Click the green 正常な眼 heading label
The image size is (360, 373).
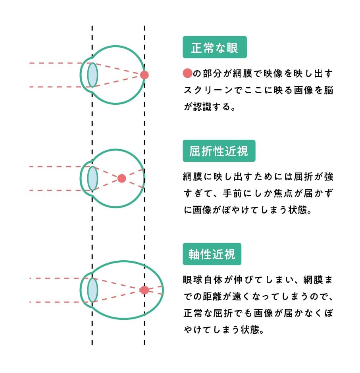(x=215, y=48)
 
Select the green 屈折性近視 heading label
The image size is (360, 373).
(x=219, y=151)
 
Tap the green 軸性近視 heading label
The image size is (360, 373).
(x=212, y=254)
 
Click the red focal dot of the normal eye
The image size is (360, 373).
(x=144, y=75)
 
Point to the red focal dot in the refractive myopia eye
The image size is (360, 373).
(x=122, y=179)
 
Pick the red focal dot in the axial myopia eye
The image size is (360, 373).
(x=144, y=290)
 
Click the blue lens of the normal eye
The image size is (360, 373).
(x=92, y=75)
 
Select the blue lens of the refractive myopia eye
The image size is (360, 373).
(x=92, y=179)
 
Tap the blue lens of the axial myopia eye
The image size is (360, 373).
(x=92, y=290)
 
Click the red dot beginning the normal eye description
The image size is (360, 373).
(x=188, y=73)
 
